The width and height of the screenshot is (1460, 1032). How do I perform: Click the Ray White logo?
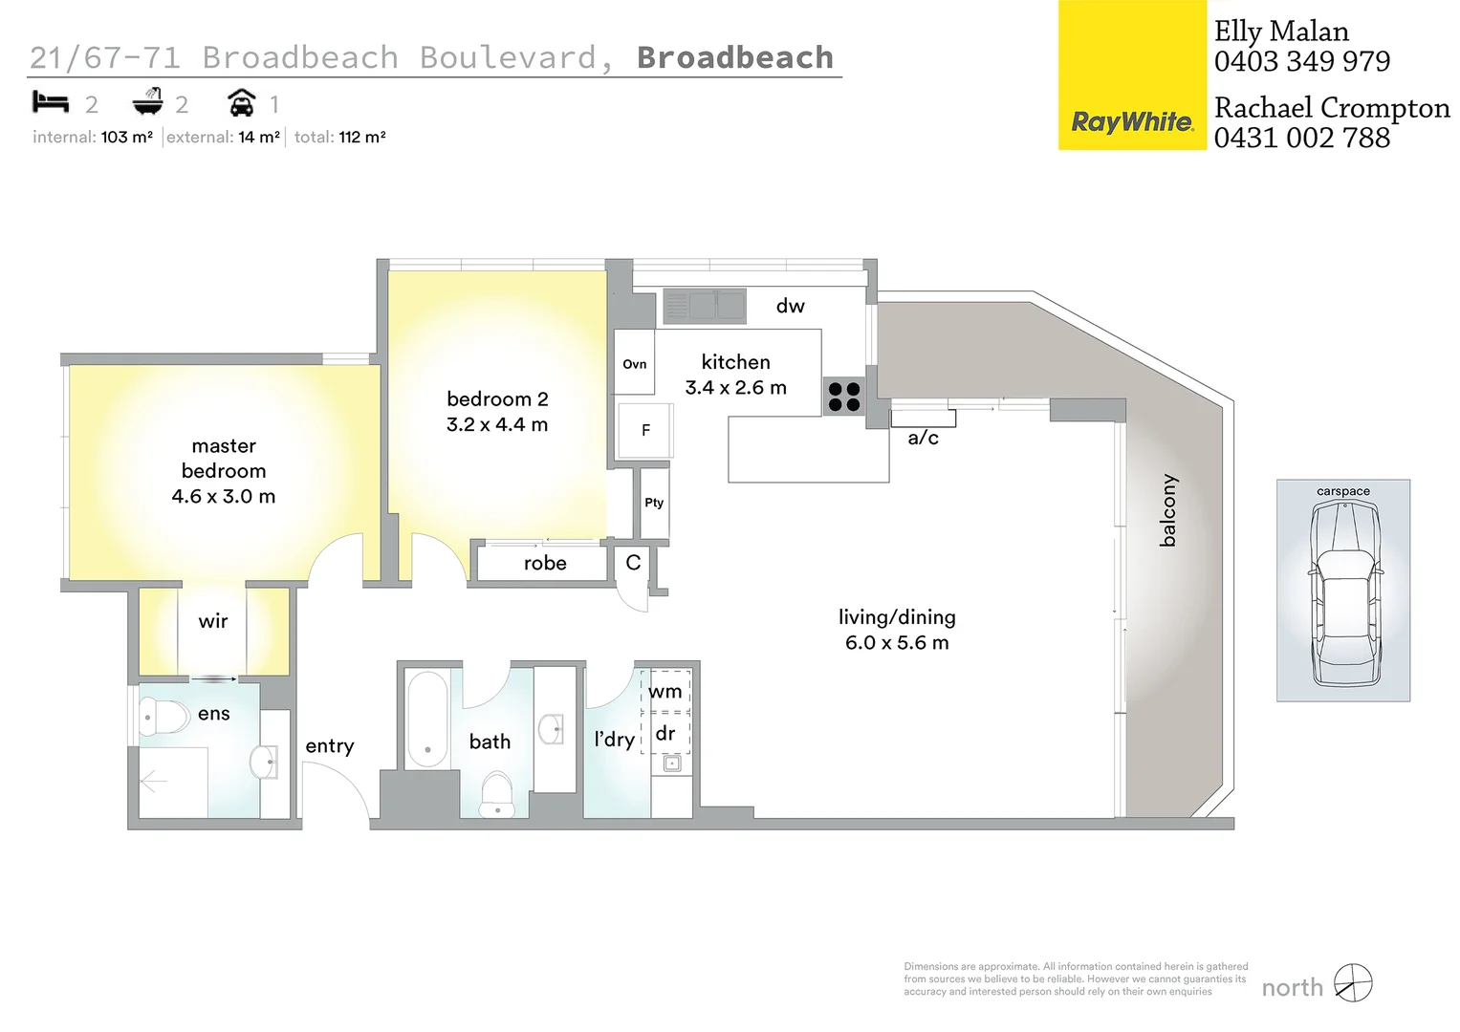1132,122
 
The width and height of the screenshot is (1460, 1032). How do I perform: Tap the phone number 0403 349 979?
1301,62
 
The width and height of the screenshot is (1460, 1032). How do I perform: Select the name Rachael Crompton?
1331,108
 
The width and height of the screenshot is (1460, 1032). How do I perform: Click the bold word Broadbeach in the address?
734,57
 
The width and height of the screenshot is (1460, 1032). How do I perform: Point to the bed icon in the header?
51,101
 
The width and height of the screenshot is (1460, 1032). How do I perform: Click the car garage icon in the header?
242,102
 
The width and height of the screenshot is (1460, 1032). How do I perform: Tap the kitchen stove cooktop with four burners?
844,397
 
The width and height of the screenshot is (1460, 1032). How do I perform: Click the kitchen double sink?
705,306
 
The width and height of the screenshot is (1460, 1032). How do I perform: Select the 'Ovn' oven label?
634,364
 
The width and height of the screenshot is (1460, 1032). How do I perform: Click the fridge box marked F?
645,430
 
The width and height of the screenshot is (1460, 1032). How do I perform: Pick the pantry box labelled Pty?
654,503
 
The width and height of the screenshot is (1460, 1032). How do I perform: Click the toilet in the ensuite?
163,715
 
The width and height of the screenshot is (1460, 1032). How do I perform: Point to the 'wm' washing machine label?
665,692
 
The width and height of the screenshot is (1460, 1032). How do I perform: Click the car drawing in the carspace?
1343,594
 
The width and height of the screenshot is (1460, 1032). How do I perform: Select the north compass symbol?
1353,983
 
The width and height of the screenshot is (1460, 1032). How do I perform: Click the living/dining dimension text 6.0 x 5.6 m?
896,643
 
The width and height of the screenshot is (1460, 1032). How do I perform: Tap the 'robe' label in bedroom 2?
545,564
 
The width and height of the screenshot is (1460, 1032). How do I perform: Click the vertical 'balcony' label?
1167,510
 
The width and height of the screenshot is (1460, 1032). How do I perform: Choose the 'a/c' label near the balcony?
923,439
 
